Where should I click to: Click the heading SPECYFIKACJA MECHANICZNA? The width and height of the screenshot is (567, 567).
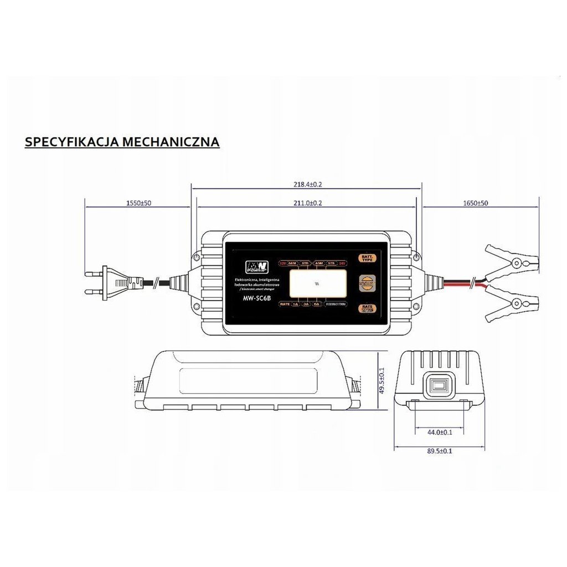coord(122,142)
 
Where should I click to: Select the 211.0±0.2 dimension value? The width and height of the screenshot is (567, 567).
coord(307,203)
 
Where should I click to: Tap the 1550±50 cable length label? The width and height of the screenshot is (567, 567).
coord(138,203)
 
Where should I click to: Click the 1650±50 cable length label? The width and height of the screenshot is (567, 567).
coord(476,203)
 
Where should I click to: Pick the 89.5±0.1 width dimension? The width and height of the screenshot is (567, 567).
coord(440,452)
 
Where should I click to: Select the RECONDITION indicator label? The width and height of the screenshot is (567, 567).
coord(336,304)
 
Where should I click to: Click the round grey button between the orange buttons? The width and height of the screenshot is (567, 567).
coord(367,282)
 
